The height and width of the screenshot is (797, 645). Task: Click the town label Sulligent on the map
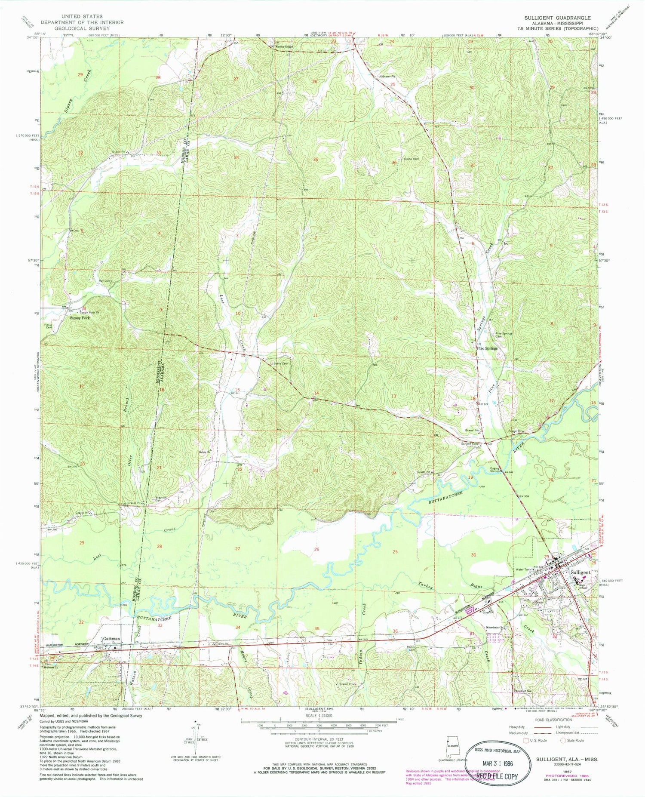click(580, 573)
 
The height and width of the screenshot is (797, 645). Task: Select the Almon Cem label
click(411, 159)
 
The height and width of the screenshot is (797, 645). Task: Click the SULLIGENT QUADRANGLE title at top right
click(557, 18)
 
